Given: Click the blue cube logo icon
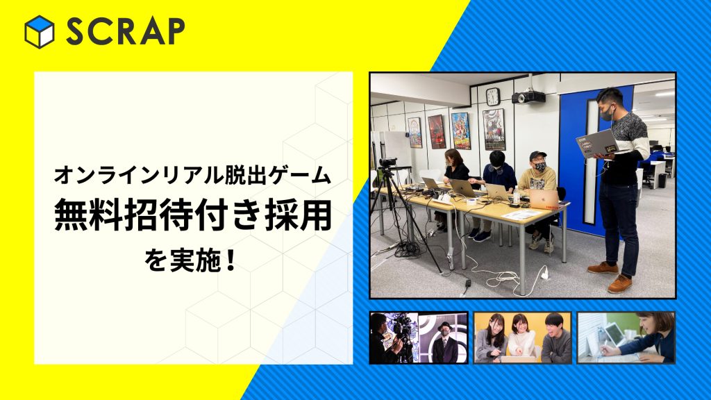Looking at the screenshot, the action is pyautogui.click(x=40, y=32).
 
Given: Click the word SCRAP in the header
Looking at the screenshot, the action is pyautogui.click(x=126, y=32).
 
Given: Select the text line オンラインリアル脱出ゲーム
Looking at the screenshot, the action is pyautogui.click(x=193, y=175).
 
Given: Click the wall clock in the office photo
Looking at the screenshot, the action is pyautogui.click(x=492, y=97).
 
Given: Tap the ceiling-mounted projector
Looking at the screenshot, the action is pyautogui.click(x=528, y=97).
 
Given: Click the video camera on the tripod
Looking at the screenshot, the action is pyautogui.click(x=388, y=162).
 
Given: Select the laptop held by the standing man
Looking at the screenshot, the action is pyautogui.click(x=596, y=143).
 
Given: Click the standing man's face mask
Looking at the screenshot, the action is pyautogui.click(x=608, y=113).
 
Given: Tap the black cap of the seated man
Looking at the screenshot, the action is pyautogui.click(x=538, y=156).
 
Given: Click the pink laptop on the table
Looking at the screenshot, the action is pyautogui.click(x=544, y=199).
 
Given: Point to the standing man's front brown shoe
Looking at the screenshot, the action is pyautogui.click(x=619, y=284).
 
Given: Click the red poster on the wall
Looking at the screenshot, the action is pyautogui.click(x=437, y=131).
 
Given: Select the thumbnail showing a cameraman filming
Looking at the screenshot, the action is pyautogui.click(x=419, y=337).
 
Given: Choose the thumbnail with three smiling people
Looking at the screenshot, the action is pyautogui.click(x=522, y=337).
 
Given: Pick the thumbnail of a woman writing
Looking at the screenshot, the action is pyautogui.click(x=626, y=337).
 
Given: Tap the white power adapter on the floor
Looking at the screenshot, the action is pyautogui.click(x=544, y=273).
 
